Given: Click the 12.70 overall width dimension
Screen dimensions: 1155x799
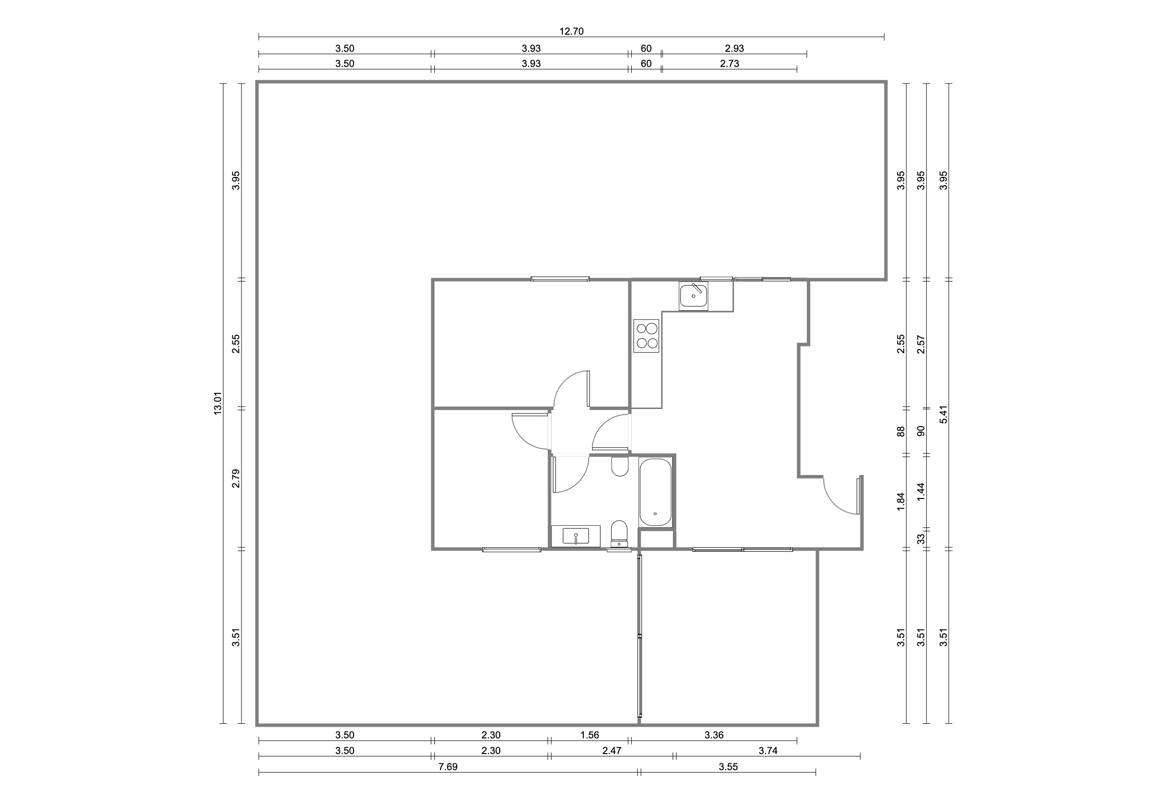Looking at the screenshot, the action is pos(571,32).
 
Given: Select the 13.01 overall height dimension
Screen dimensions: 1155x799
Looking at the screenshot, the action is pos(218,403).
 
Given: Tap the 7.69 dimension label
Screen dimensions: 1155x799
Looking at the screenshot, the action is pos(448,766).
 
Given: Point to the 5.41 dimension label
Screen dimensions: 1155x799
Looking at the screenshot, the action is pos(944,414).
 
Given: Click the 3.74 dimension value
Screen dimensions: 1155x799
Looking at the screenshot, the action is pos(768,751).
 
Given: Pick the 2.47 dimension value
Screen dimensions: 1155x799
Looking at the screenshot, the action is pos(612,751).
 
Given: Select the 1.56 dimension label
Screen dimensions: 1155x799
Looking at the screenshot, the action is pos(590,735).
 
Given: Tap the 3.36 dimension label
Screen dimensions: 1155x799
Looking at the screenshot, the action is pos(714,735).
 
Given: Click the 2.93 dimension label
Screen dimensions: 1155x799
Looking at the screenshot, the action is pos(734,48).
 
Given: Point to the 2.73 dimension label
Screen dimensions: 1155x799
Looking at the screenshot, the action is pos(729,64).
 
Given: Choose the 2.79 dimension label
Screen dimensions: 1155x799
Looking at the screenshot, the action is pos(236,478).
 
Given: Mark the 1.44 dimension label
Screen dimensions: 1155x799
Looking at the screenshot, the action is pos(921,492).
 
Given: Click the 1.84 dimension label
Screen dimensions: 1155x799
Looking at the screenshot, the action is pos(901,501).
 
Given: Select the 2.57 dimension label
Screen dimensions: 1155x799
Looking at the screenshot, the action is pos(921,344).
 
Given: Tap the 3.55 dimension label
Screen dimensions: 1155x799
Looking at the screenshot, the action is pos(728,766).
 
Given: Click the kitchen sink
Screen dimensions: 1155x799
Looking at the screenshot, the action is pos(693,296).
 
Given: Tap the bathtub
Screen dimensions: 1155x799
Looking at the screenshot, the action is pos(655,492).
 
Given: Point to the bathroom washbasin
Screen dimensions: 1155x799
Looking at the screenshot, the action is pos(576,536).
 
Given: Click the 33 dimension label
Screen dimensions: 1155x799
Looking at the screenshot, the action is pos(921,539).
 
